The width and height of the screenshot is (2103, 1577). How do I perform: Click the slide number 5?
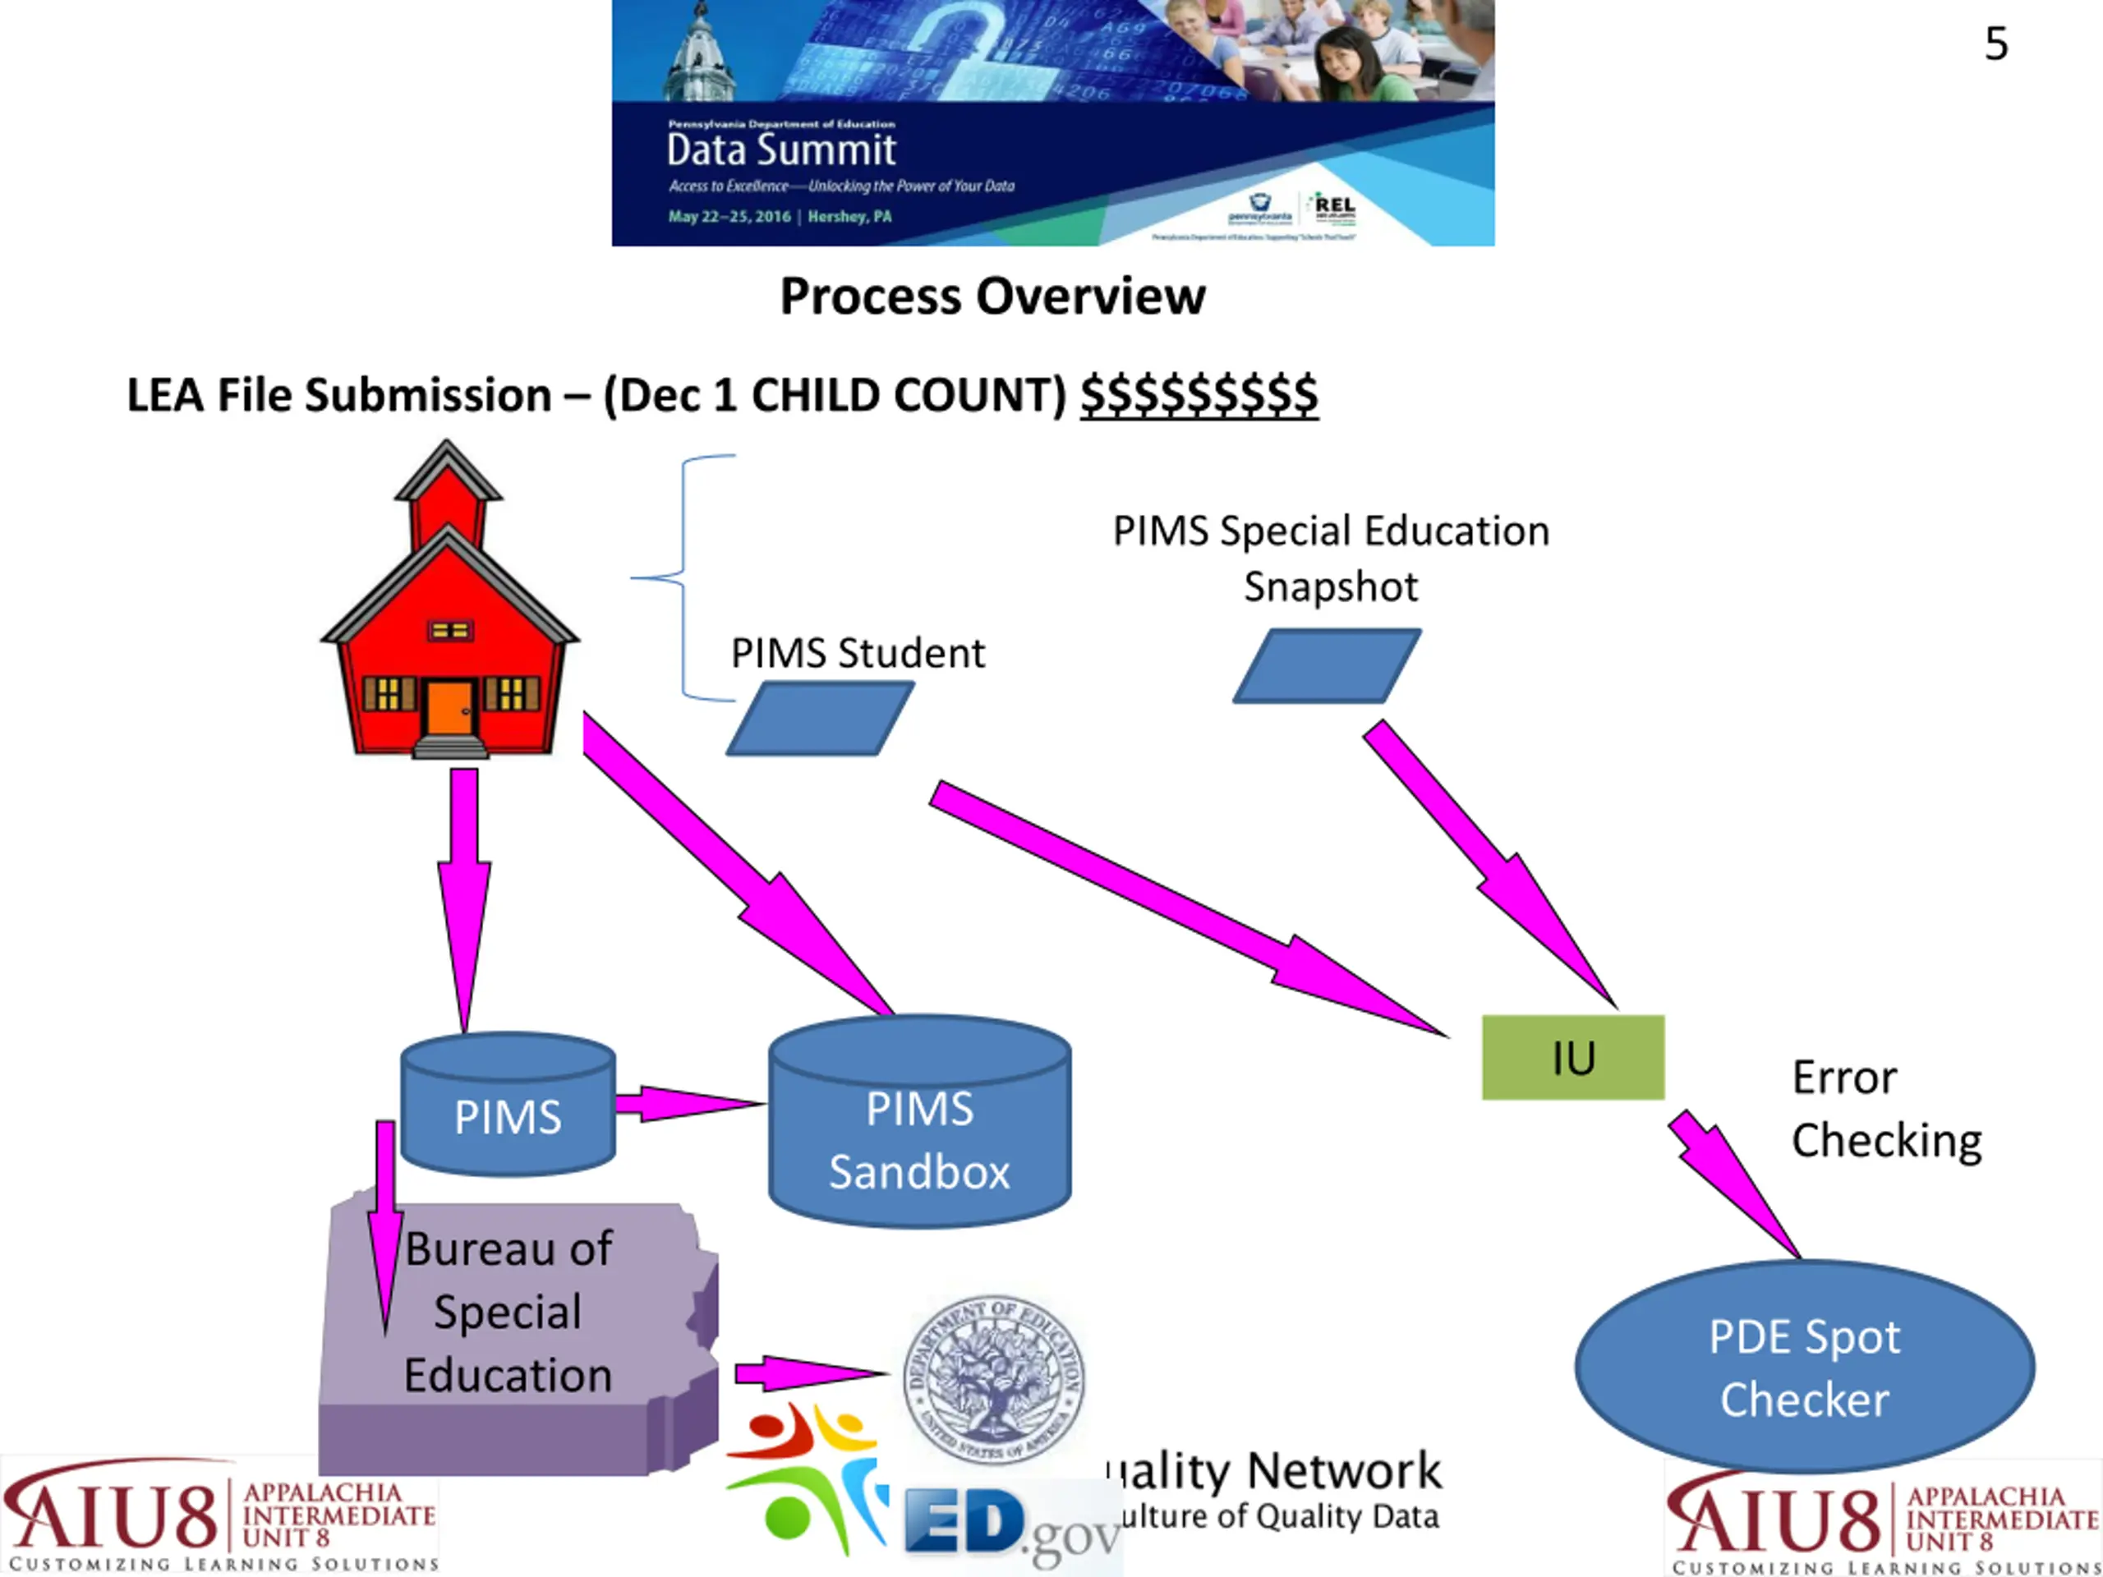click(1995, 44)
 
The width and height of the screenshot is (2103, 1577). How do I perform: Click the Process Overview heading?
click(992, 297)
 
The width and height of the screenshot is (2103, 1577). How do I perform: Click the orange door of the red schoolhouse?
click(449, 707)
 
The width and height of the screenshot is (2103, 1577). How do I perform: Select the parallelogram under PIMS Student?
click(820, 720)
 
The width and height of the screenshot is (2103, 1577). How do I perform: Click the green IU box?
click(1572, 1057)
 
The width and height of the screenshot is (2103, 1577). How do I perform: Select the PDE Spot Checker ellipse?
click(1803, 1367)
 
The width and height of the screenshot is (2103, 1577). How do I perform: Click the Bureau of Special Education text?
click(508, 1312)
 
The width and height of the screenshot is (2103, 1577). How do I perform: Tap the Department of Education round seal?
click(993, 1378)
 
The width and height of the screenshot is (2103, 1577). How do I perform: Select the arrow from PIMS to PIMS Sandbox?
click(687, 1104)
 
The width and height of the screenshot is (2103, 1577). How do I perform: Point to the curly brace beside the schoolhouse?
click(684, 577)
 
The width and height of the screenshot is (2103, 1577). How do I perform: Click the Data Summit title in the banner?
click(780, 150)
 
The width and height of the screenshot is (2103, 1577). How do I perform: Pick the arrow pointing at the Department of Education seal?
click(808, 1372)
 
